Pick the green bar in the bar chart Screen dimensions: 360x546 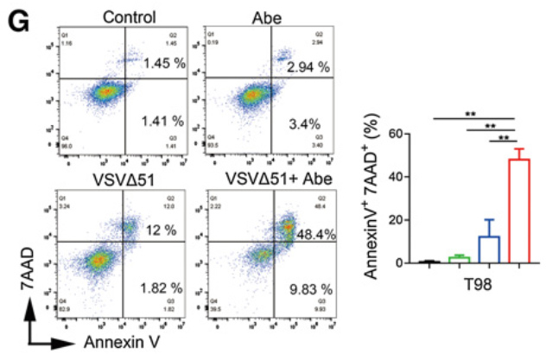459,259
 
